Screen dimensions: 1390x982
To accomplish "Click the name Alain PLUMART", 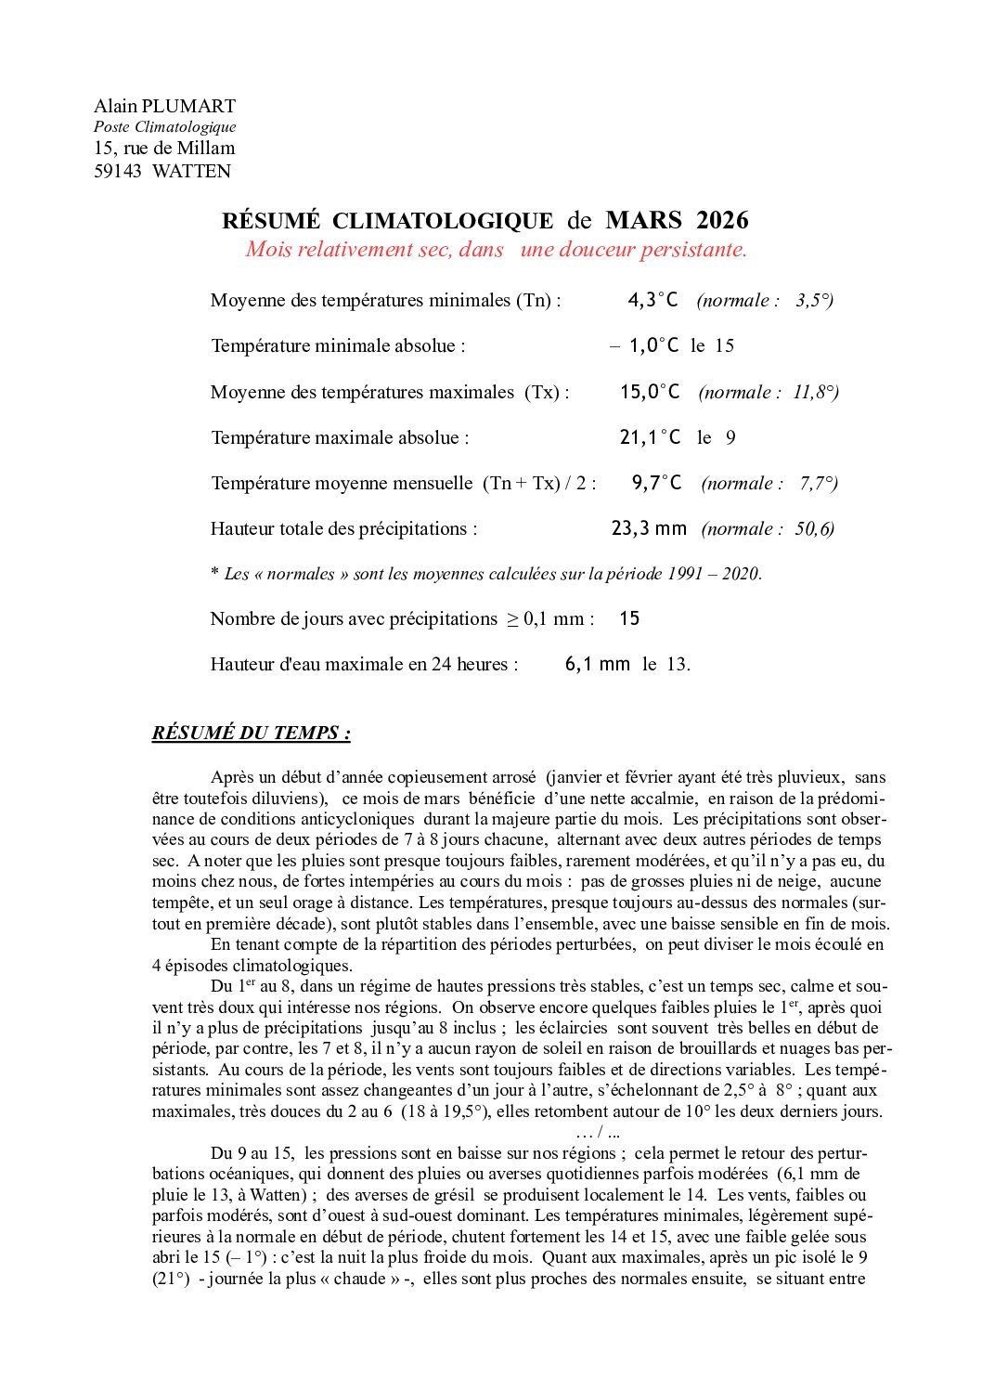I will click(x=164, y=106).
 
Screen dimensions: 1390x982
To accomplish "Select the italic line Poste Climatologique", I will click(x=164, y=127).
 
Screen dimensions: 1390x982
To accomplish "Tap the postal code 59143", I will click(x=118, y=171).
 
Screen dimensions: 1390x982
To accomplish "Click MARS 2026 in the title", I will click(x=677, y=220).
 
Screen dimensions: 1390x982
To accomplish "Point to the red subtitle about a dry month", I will click(x=496, y=250).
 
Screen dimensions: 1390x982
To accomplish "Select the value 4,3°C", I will click(x=653, y=300).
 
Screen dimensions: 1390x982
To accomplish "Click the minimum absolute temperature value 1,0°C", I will click(x=653, y=345).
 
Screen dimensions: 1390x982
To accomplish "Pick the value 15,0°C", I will click(x=650, y=392).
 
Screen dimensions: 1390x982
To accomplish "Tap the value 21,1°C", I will click(x=650, y=437).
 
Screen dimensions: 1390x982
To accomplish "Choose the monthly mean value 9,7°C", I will click(x=656, y=483).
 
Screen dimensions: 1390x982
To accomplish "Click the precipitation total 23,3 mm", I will click(x=649, y=528).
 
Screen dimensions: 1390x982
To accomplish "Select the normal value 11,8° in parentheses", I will click(x=814, y=392).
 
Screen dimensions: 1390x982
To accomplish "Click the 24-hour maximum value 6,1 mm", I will click(x=597, y=664).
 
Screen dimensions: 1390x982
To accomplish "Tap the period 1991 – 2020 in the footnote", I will click(x=713, y=574).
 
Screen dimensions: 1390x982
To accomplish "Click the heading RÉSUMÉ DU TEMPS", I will click(x=251, y=733).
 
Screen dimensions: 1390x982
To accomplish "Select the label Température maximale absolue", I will click(x=340, y=437).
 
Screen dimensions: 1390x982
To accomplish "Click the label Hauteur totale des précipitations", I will click(x=343, y=528).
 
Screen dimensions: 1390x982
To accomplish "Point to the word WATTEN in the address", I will click(x=191, y=171).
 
